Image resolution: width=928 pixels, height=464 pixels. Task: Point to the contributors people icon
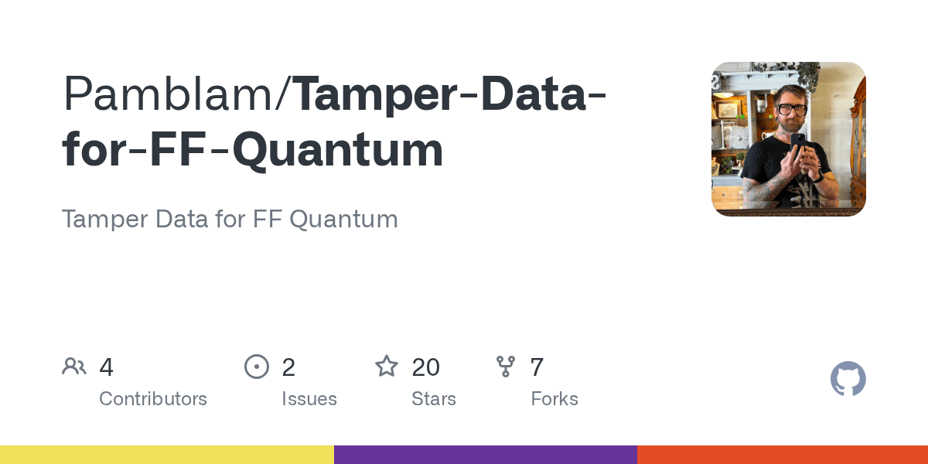74,367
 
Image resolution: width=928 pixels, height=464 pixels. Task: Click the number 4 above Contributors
107,367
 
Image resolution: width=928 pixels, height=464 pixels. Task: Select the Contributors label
153,399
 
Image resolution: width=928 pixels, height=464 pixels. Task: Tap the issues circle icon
256,367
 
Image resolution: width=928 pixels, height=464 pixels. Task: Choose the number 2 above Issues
288,367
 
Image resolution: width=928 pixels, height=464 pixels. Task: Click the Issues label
309,399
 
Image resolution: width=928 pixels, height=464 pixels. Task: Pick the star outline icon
387,367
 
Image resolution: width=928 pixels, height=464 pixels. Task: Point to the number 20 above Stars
426,367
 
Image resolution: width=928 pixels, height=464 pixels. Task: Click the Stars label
434,399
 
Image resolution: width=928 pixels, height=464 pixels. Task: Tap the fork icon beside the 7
506,367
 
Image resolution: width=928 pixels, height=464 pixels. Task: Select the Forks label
554,399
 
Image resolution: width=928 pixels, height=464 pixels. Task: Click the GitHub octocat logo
848,379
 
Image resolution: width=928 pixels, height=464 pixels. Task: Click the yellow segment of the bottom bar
167,455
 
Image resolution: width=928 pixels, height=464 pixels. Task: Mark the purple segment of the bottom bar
486,455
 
